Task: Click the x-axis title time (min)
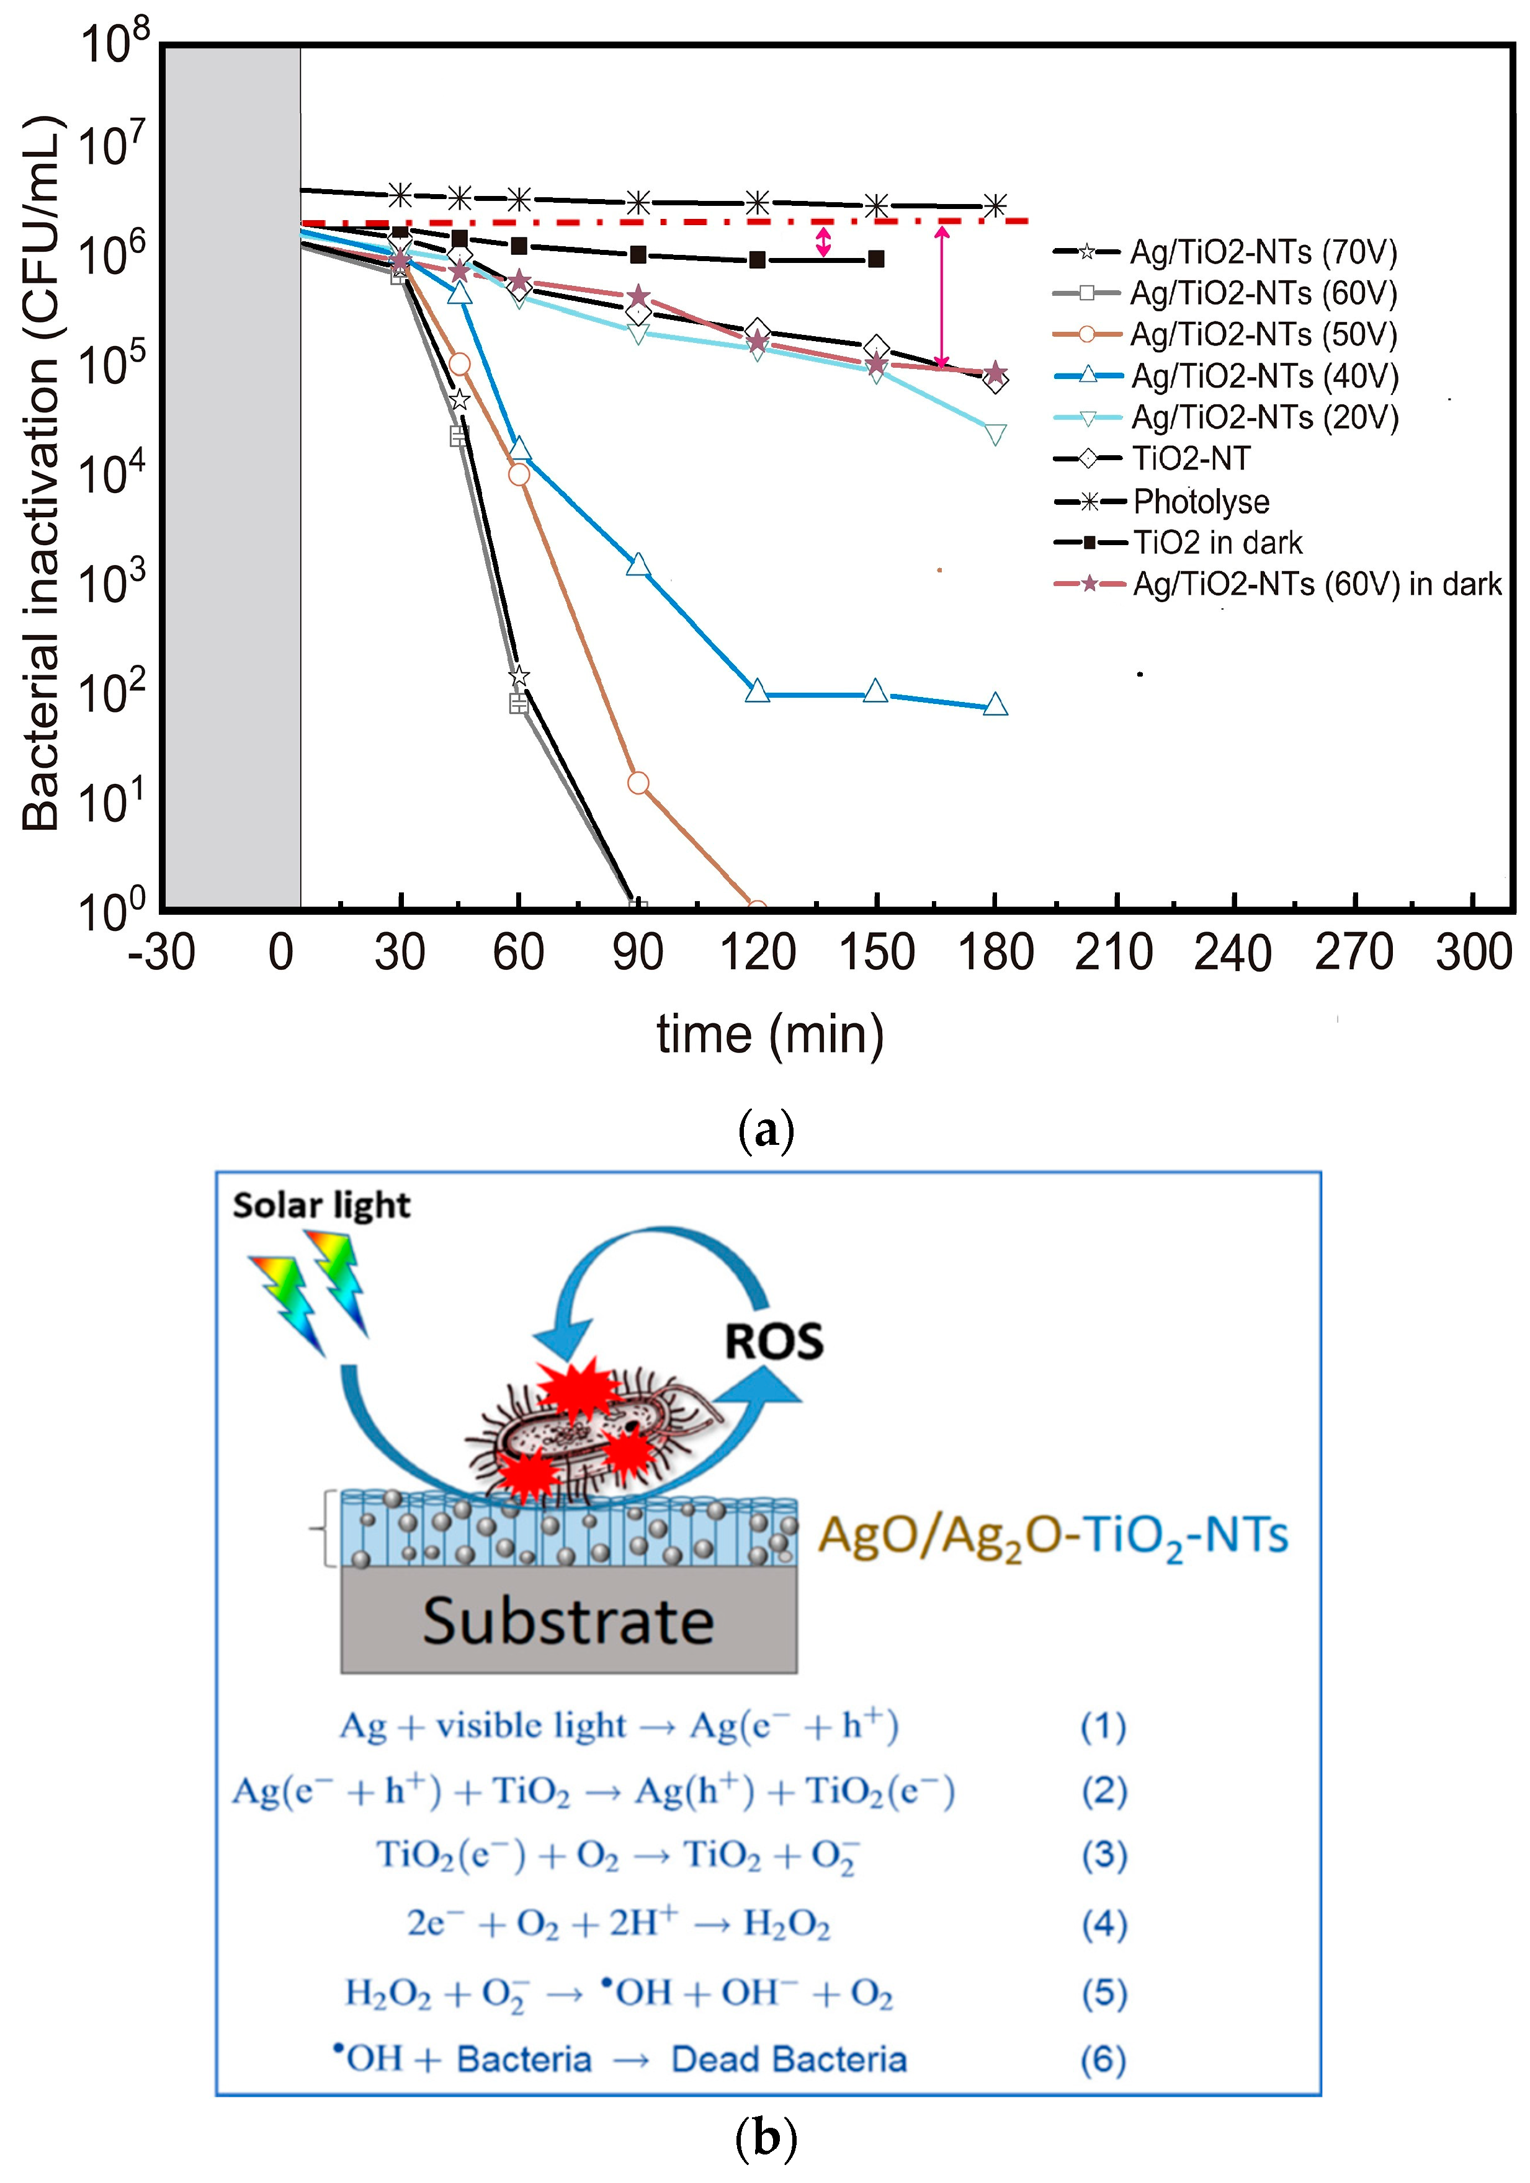[769, 1033]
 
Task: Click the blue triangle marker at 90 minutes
[638, 565]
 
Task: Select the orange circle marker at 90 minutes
[638, 783]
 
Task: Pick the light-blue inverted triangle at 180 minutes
[995, 435]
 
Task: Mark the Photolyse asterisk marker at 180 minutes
[995, 205]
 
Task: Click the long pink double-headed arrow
[941, 296]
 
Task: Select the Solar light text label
[321, 1206]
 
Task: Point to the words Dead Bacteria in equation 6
[789, 2060]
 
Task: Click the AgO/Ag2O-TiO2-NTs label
[1053, 1534]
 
